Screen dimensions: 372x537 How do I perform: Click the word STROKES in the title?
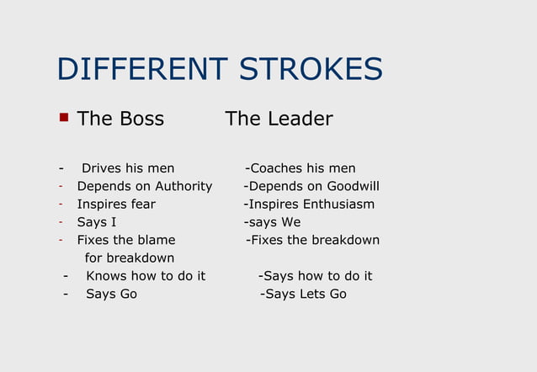tap(311, 69)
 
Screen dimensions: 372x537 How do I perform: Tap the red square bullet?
tap(63, 117)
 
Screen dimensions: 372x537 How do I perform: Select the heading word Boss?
tap(141, 119)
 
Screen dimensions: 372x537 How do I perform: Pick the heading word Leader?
tap(300, 119)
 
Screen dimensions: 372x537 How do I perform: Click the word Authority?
tap(183, 186)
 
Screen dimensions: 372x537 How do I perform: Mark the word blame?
tap(157, 240)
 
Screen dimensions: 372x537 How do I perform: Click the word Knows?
tap(106, 276)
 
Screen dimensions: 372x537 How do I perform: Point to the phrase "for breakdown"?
tap(130, 258)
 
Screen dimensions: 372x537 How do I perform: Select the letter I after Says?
tap(114, 222)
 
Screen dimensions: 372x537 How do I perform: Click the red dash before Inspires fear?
tap(61, 204)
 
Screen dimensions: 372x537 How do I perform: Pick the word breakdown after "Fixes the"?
tap(345, 240)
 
